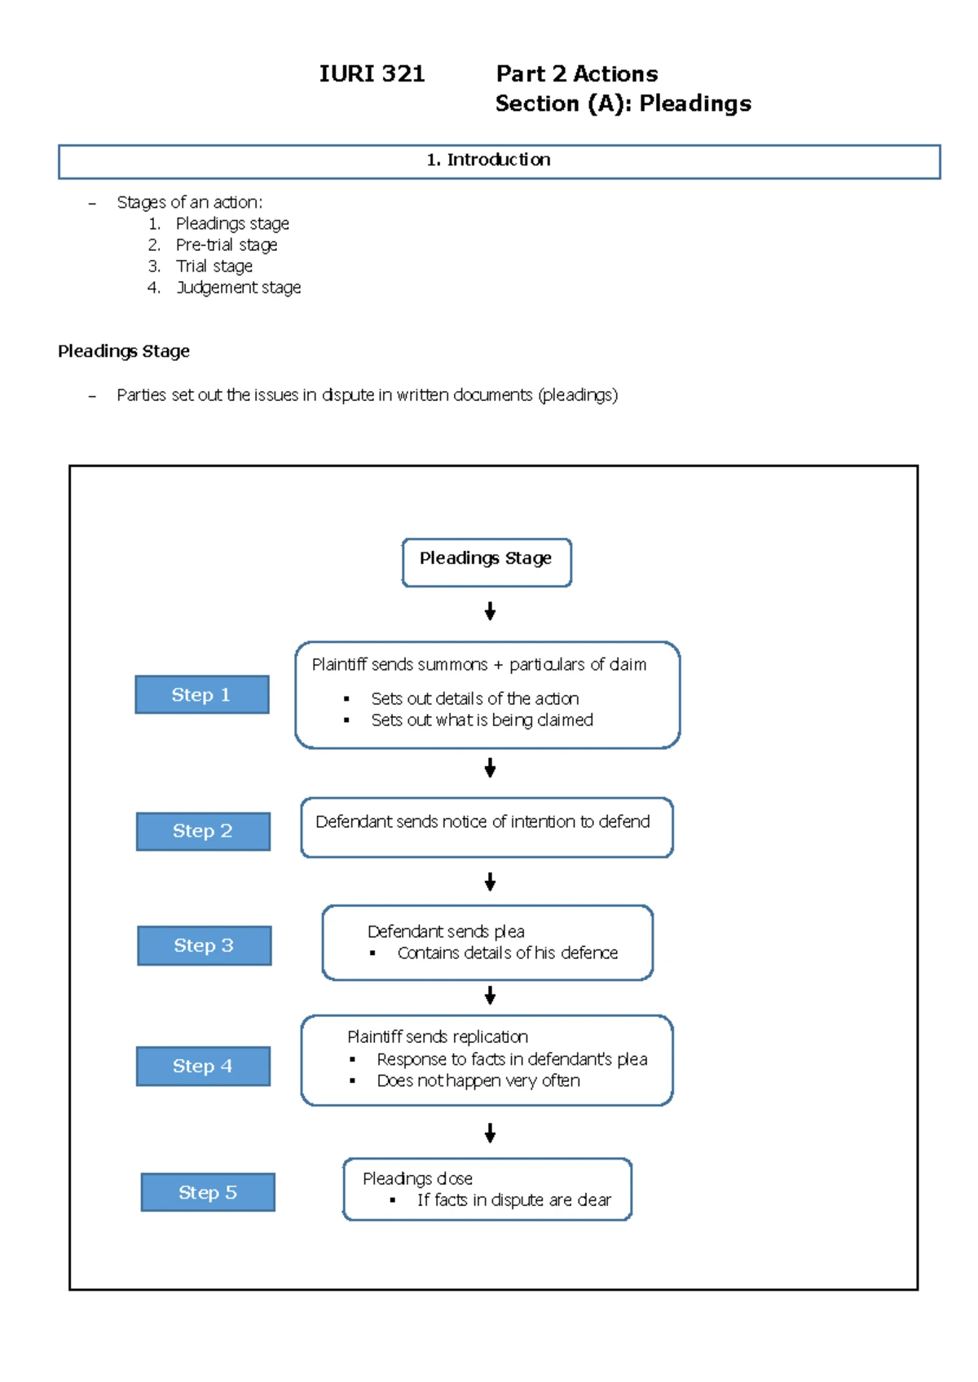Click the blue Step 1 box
[x=201, y=694]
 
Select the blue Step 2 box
[x=203, y=831]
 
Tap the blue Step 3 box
[x=204, y=945]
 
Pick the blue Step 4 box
[x=203, y=1066]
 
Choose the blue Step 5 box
[x=208, y=1192]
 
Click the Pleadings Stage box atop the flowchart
[x=487, y=561]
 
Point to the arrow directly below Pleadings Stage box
[x=490, y=611]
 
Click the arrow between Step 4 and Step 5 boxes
[x=490, y=1132]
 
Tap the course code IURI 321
[x=372, y=74]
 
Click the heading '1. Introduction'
[x=489, y=160]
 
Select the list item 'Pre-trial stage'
[x=227, y=245]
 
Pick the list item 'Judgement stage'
[x=239, y=288]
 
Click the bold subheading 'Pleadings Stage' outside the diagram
[x=124, y=351]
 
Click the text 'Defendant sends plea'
[x=446, y=931]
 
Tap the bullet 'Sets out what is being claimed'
[x=482, y=720]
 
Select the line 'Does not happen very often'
[x=478, y=1081]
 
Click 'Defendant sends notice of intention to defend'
[x=482, y=821]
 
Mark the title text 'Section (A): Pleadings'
[x=623, y=104]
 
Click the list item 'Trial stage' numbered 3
[x=214, y=266]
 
